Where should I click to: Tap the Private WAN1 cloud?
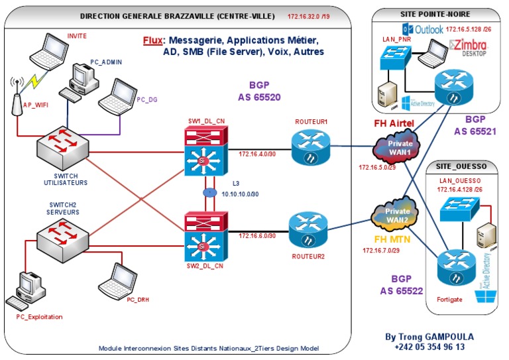click(395, 148)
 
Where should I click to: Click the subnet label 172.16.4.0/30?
click(256, 154)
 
